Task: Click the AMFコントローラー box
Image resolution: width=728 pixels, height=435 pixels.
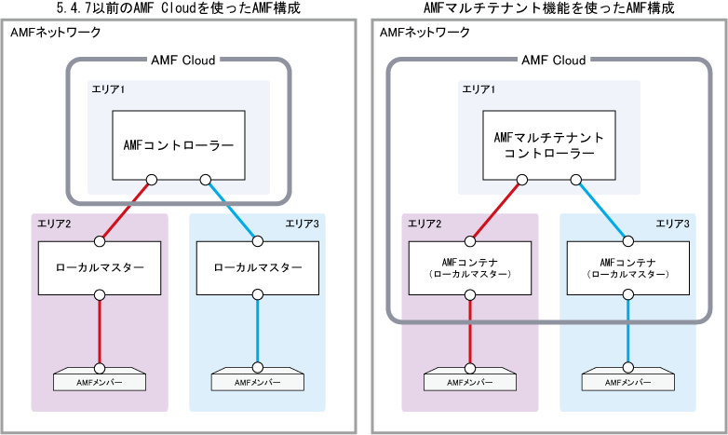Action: click(178, 145)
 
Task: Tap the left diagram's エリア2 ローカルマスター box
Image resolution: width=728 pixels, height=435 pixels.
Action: click(101, 268)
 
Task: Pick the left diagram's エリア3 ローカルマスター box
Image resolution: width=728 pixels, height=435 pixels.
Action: click(258, 268)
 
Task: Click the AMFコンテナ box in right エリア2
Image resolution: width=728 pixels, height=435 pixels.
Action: click(470, 268)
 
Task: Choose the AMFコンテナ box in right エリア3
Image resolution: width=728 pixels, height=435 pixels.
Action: click(627, 268)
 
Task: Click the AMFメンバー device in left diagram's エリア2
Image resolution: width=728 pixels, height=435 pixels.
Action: click(100, 381)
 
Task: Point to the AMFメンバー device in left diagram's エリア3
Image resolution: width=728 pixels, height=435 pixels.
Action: click(258, 381)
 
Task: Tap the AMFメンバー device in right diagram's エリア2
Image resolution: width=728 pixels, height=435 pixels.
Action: click(470, 381)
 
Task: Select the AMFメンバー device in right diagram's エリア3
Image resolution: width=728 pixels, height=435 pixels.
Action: click(627, 381)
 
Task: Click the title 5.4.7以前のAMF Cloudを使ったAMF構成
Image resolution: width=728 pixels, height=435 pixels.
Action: click(179, 8)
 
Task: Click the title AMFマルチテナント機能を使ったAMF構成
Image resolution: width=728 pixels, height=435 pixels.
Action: click(548, 8)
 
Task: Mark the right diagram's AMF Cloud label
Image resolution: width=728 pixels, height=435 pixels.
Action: click(554, 61)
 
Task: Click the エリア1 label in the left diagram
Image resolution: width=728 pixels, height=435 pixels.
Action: click(108, 89)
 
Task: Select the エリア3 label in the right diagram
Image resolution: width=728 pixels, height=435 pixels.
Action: click(673, 224)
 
